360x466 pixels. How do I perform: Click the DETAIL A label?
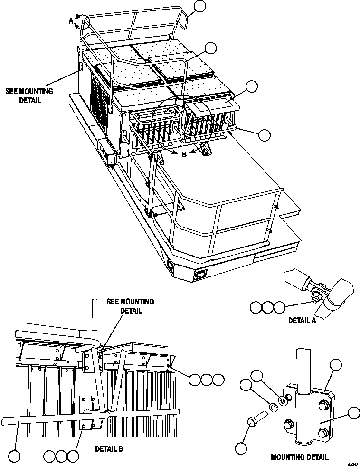(x=302, y=320)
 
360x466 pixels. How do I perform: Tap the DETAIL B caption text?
(x=109, y=448)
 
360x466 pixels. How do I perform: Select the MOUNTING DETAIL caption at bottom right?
(x=299, y=457)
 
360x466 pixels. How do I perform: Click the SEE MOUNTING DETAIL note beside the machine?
(x=29, y=96)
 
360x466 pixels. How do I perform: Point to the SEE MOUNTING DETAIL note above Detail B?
(x=130, y=306)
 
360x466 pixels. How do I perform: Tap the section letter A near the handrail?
(x=71, y=20)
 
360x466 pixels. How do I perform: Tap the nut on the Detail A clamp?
(x=314, y=297)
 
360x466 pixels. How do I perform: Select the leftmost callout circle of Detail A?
(x=256, y=307)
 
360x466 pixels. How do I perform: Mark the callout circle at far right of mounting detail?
(x=353, y=412)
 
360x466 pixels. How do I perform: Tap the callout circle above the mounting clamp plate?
(x=336, y=365)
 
